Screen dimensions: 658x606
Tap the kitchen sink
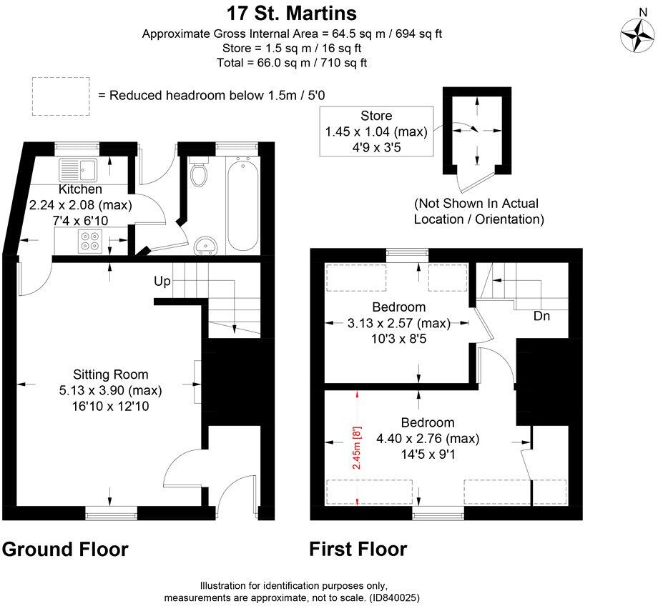click(x=79, y=170)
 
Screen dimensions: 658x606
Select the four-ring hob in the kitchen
click(x=90, y=241)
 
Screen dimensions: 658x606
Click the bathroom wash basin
click(x=207, y=245)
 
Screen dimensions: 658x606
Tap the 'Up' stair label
click(x=162, y=282)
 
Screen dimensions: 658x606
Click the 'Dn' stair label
click(x=541, y=316)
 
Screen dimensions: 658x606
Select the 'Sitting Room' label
click(x=110, y=374)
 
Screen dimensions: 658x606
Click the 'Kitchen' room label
click(x=79, y=190)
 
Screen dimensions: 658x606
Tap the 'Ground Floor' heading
click(x=65, y=549)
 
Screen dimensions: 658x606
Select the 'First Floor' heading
click(x=358, y=549)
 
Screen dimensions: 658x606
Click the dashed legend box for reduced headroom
click(x=61, y=96)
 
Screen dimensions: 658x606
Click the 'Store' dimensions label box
click(x=377, y=130)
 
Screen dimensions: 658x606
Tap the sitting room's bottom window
click(x=111, y=512)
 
